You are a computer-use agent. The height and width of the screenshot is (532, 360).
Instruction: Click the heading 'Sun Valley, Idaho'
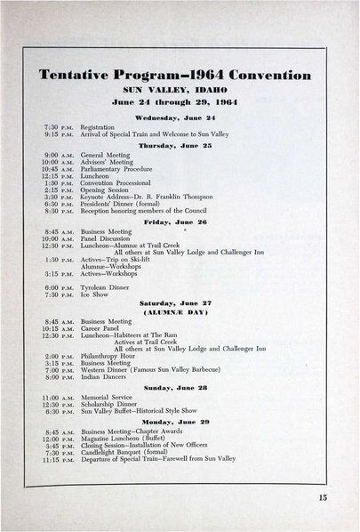click(x=180, y=90)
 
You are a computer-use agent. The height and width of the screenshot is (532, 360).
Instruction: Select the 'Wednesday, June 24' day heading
click(x=180, y=117)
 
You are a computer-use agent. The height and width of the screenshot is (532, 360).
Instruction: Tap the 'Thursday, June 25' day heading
click(x=180, y=143)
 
